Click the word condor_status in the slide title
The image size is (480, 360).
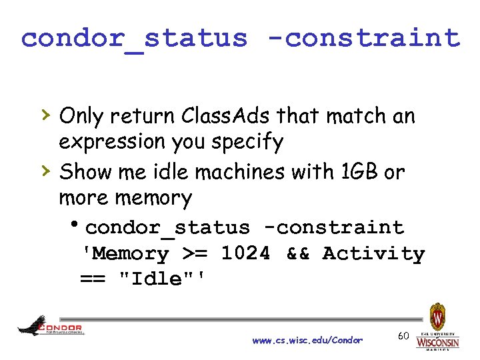coord(134,38)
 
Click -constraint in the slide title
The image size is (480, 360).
coord(366,38)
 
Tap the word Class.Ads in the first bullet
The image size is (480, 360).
coord(216,117)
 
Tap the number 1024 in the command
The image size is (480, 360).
coord(246,253)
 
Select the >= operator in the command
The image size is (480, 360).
coord(195,253)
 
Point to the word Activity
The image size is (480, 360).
coord(373,253)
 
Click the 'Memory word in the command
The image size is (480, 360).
coord(125,253)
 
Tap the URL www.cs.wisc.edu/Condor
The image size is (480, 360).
coord(307,340)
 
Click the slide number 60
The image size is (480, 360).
coord(403,335)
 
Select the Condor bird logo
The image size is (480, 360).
coord(49,326)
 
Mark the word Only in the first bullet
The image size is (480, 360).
coord(80,117)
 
